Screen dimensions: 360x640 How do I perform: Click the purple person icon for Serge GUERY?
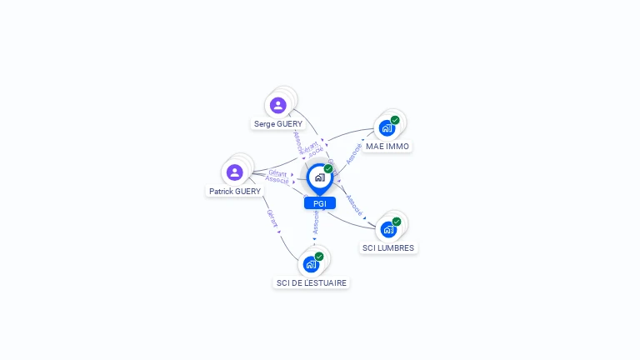click(277, 105)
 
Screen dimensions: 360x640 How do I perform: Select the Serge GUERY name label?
click(278, 124)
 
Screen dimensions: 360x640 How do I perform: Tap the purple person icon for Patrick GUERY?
click(234, 172)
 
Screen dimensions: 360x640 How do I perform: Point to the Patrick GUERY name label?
click(235, 192)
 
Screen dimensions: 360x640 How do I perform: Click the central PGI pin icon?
click(319, 177)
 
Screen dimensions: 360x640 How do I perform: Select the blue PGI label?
click(319, 203)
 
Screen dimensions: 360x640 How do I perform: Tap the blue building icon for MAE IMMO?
click(387, 128)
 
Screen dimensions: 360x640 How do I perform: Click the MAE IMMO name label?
click(387, 147)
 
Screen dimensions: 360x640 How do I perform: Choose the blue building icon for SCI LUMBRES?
click(388, 229)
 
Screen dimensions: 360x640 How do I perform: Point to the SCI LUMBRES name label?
click(388, 248)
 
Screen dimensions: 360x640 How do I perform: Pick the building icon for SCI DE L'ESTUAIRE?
click(311, 265)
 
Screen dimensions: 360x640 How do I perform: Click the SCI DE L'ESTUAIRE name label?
click(312, 283)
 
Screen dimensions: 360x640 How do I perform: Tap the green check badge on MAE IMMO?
click(395, 120)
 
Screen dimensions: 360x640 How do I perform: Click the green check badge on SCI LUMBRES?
click(397, 222)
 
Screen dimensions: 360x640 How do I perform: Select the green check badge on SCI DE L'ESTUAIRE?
click(319, 257)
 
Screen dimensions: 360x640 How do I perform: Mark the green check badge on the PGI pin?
click(328, 169)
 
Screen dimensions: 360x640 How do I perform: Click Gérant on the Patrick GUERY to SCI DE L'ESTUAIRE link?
click(272, 218)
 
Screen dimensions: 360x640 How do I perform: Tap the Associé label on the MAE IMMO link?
click(354, 152)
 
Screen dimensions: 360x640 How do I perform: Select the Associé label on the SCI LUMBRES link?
click(354, 205)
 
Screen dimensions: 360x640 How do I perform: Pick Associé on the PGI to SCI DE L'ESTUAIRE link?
click(316, 221)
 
